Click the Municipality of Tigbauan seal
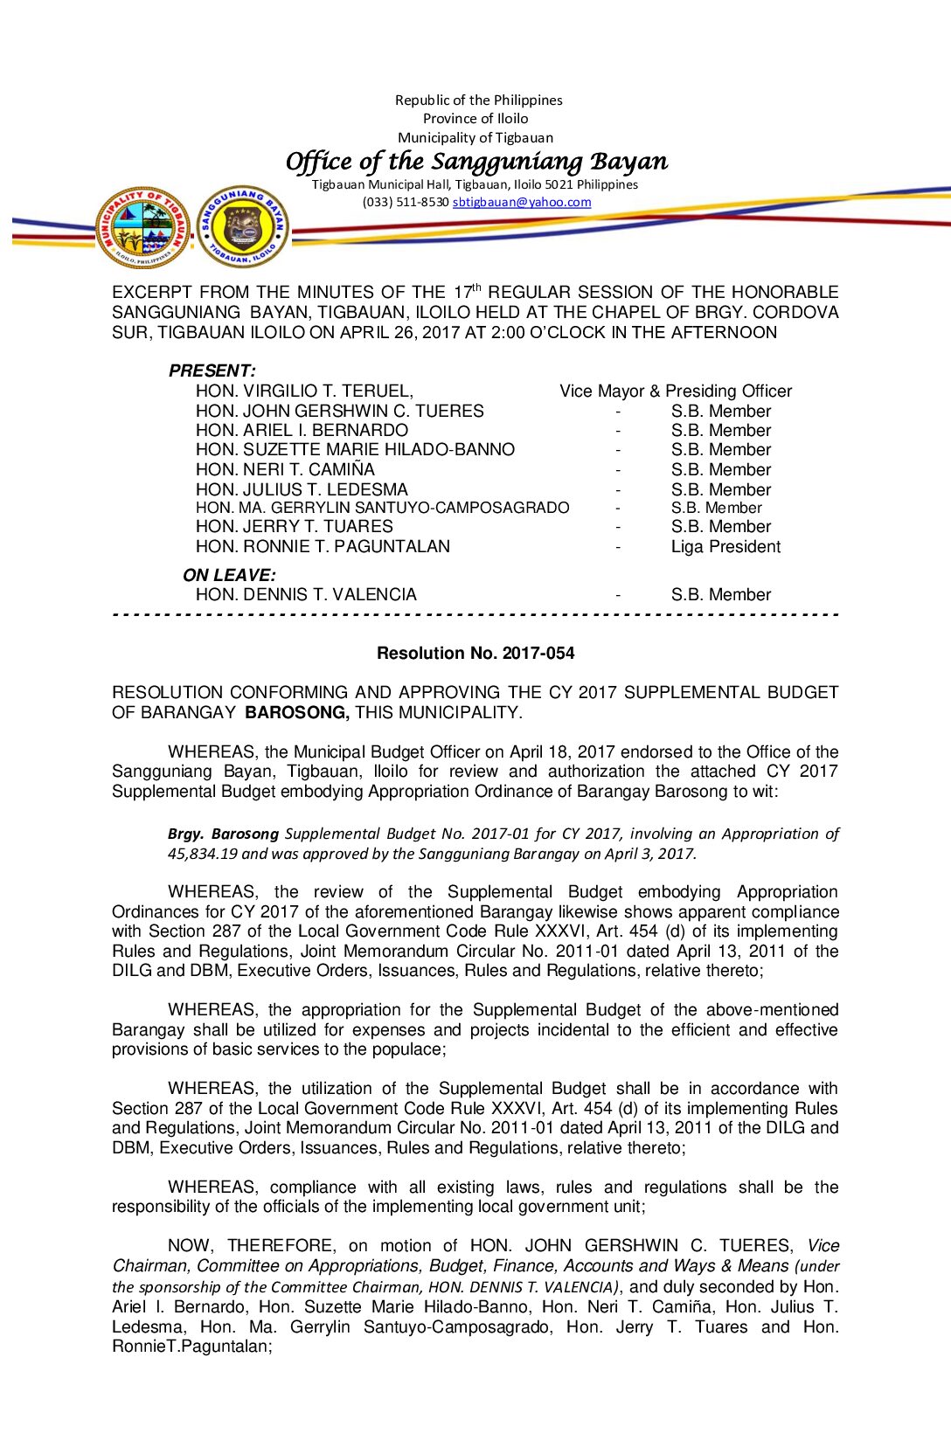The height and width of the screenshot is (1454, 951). point(142,227)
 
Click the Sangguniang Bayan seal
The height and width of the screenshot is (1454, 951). point(242,227)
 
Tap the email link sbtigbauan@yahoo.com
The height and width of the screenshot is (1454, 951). point(522,202)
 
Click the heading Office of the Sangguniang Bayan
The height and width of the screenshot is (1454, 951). point(476,162)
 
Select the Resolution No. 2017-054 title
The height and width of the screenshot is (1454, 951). point(475,653)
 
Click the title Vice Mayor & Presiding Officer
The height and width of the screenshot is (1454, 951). point(676,391)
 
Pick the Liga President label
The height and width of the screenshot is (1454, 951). point(725,546)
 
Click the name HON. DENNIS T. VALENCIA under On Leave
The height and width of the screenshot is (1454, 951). point(306,594)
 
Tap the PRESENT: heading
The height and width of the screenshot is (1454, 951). point(212,370)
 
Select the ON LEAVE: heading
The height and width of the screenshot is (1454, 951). point(229,575)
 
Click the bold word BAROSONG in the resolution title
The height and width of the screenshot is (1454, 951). point(297,712)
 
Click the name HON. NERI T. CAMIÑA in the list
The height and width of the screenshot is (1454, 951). point(285,469)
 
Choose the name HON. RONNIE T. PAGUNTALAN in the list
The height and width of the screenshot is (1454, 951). point(323,546)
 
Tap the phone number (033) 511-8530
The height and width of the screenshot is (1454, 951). point(406,202)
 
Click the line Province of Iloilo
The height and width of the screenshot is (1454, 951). point(475,118)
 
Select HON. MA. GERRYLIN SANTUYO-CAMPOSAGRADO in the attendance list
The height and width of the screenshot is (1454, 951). point(382,508)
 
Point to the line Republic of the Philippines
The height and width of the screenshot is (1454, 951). point(478,100)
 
